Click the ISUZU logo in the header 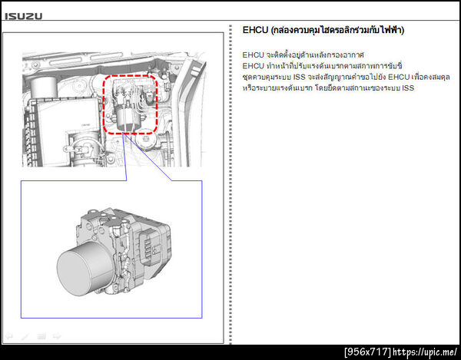click(x=24, y=16)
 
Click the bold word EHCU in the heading click(x=255, y=30)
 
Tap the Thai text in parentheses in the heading click(x=337, y=30)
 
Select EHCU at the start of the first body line click(x=253, y=55)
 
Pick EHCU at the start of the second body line click(x=253, y=66)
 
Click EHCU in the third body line click(x=399, y=77)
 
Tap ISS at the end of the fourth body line click(x=408, y=88)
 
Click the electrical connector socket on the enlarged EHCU click(x=149, y=245)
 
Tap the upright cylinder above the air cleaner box click(x=44, y=88)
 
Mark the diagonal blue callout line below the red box click(x=149, y=157)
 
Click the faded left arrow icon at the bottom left click(x=9, y=336)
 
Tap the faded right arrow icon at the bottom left click(x=57, y=336)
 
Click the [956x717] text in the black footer click(x=367, y=352)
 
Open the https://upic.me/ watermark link click(x=425, y=352)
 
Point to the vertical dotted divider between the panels click(x=230, y=184)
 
